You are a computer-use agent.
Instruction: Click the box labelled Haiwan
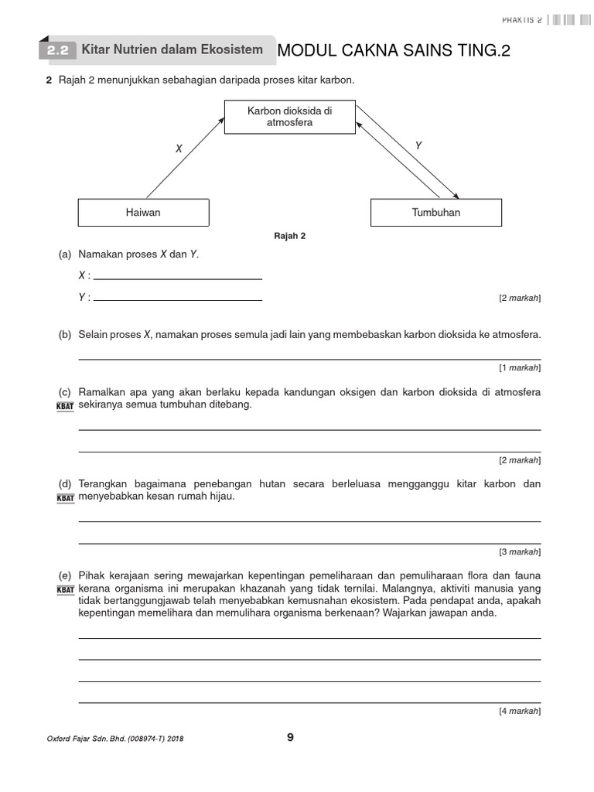pyautogui.click(x=143, y=212)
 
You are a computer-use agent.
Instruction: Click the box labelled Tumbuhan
pyautogui.click(x=436, y=212)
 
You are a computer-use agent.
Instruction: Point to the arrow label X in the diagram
pyautogui.click(x=179, y=148)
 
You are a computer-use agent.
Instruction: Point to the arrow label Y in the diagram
pyautogui.click(x=418, y=145)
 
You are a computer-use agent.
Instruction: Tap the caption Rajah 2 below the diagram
pyautogui.click(x=290, y=237)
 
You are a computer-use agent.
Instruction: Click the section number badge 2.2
pyautogui.click(x=57, y=51)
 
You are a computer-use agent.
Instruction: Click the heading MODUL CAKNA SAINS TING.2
pyautogui.click(x=394, y=51)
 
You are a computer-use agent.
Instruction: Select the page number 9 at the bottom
pyautogui.click(x=290, y=737)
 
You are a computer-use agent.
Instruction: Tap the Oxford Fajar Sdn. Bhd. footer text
pyautogui.click(x=115, y=739)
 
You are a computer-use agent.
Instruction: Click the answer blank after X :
pyautogui.click(x=177, y=275)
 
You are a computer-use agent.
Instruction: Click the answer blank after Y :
pyautogui.click(x=177, y=297)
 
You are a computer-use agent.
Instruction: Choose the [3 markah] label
pyautogui.click(x=520, y=552)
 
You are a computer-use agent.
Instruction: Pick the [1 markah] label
pyautogui.click(x=520, y=367)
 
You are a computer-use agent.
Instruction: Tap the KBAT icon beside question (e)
pyautogui.click(x=66, y=590)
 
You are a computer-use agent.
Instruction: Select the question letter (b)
pyautogui.click(x=65, y=335)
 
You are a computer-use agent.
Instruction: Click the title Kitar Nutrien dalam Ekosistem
pyautogui.click(x=172, y=49)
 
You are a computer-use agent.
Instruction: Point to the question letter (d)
pyautogui.click(x=65, y=484)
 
